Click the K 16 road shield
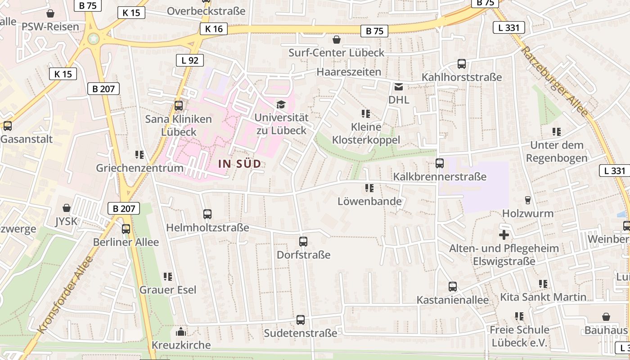pos(213,29)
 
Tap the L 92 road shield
pos(189,60)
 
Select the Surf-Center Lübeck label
pos(336,53)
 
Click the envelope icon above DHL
pos(399,87)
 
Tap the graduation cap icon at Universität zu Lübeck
pos(281,105)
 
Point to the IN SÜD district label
pos(239,164)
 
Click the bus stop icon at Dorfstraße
pos(303,242)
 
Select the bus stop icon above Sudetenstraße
pos(300,320)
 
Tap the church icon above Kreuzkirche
pos(181,332)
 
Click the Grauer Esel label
pos(168,290)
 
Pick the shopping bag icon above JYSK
pos(67,208)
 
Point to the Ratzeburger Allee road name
pos(555,81)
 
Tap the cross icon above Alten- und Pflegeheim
pos(504,235)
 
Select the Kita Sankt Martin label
pos(543,297)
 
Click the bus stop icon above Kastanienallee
pos(453,287)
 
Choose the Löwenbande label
pos(369,201)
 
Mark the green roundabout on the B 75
pos(94,39)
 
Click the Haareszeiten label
pos(349,72)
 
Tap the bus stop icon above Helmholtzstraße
pos(207,214)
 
